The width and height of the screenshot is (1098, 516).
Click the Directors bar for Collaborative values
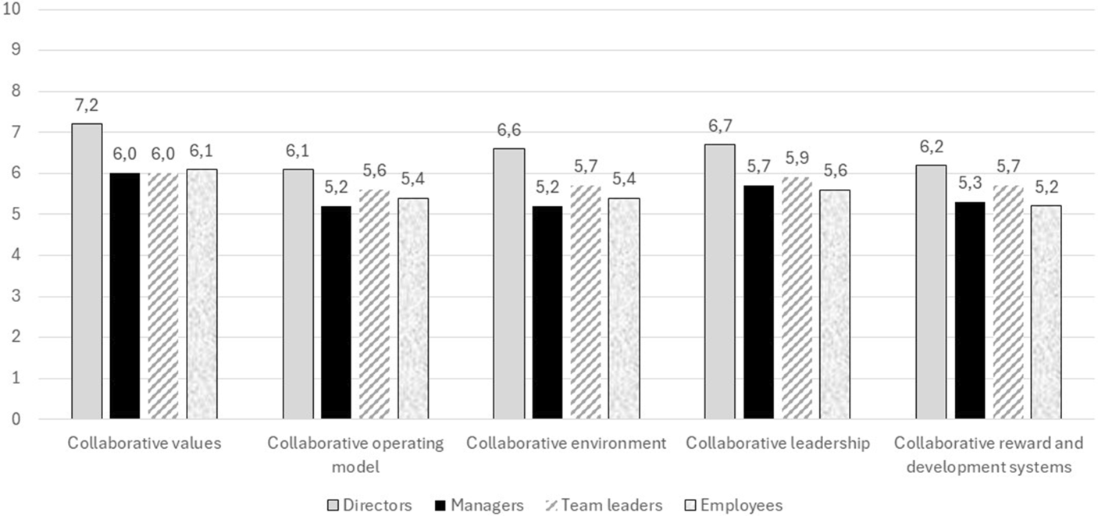[87, 271]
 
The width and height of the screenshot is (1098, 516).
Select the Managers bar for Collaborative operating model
[337, 312]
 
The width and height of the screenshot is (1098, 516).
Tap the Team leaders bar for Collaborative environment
[586, 302]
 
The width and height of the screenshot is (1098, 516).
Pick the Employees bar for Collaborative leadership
[835, 304]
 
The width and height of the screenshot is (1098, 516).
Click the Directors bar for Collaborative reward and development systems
[932, 292]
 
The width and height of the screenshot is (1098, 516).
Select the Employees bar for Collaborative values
[201, 294]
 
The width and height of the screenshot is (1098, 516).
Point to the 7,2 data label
[87, 105]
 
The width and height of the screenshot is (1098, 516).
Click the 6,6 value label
[509, 130]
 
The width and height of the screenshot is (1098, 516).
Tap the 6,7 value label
[720, 126]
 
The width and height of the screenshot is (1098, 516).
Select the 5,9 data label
[797, 158]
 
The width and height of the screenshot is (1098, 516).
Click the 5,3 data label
[970, 183]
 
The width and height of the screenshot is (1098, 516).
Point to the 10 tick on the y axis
[12, 9]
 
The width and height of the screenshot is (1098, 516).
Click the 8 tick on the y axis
[16, 91]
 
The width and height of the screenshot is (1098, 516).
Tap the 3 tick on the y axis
[16, 297]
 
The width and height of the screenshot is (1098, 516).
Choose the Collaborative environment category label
[566, 443]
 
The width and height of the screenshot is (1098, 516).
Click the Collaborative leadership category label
[778, 443]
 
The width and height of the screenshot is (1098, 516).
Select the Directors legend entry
[369, 505]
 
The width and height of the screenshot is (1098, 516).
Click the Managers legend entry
[479, 505]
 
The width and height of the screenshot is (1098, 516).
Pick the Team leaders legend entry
[604, 505]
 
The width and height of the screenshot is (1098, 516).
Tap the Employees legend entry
[733, 505]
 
